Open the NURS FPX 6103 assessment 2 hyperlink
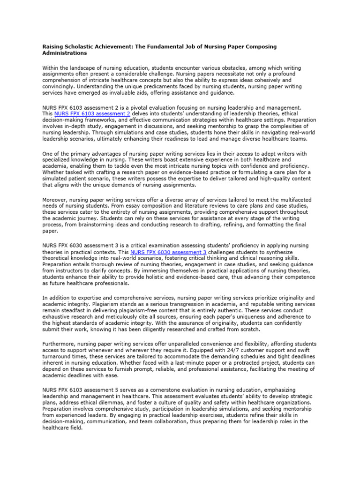point(92,114)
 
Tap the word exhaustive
point(58,317)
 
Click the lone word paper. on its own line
point(51,232)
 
